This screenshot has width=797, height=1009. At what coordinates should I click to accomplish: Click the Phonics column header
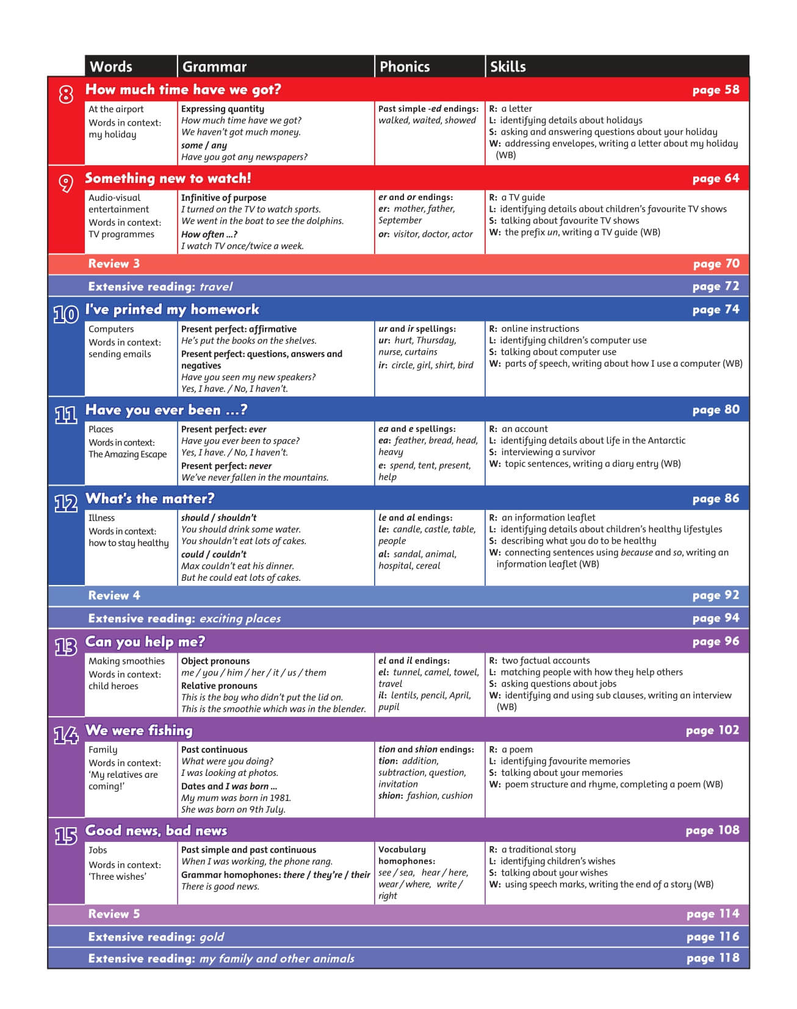tap(405, 66)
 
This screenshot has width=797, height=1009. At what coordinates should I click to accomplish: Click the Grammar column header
tap(214, 66)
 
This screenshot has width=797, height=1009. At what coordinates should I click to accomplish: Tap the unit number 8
tap(66, 94)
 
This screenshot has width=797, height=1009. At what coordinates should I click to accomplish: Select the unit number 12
tap(66, 503)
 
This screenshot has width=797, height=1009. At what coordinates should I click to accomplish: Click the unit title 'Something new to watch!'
tap(168, 178)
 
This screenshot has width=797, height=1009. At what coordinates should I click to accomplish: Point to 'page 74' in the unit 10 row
tap(715, 309)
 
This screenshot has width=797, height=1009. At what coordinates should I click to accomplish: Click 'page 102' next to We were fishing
tap(712, 730)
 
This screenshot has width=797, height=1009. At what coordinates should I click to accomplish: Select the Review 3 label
tap(114, 264)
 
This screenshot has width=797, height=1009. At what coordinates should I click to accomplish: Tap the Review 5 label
tap(114, 914)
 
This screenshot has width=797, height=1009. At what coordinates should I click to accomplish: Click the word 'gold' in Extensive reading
tap(212, 937)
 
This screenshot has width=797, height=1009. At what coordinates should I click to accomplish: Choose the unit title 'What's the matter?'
tap(150, 498)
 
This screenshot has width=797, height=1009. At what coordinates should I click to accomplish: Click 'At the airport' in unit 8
tap(116, 109)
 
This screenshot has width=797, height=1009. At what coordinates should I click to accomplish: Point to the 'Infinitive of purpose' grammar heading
tap(223, 198)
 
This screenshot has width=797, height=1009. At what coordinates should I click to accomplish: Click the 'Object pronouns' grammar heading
tap(215, 661)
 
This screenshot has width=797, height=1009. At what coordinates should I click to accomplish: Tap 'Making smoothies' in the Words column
tap(126, 661)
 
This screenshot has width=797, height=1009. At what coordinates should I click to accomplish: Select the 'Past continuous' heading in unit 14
tap(214, 750)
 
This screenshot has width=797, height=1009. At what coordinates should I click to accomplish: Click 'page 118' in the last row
tap(712, 958)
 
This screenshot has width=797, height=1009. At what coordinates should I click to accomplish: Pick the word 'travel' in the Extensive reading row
tap(216, 287)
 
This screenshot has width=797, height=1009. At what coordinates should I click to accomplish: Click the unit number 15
tap(66, 836)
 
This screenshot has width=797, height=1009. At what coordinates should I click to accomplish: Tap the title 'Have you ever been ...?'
tap(166, 410)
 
